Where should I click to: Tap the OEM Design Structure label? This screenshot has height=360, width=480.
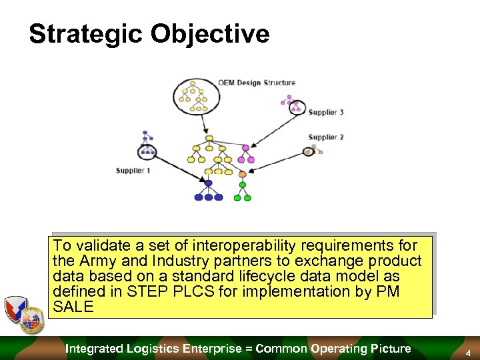(x=256, y=83)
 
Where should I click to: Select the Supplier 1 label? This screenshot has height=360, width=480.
(x=133, y=171)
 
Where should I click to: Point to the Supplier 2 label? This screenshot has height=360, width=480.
(x=326, y=137)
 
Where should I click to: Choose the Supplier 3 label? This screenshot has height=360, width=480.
(x=326, y=112)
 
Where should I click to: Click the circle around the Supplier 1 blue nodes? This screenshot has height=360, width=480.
(x=147, y=151)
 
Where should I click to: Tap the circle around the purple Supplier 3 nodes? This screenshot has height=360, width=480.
(x=297, y=107)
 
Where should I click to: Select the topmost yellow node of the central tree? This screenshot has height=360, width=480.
(x=209, y=139)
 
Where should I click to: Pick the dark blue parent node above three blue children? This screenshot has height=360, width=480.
(x=209, y=183)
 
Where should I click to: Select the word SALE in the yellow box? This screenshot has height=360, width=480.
(x=73, y=307)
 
